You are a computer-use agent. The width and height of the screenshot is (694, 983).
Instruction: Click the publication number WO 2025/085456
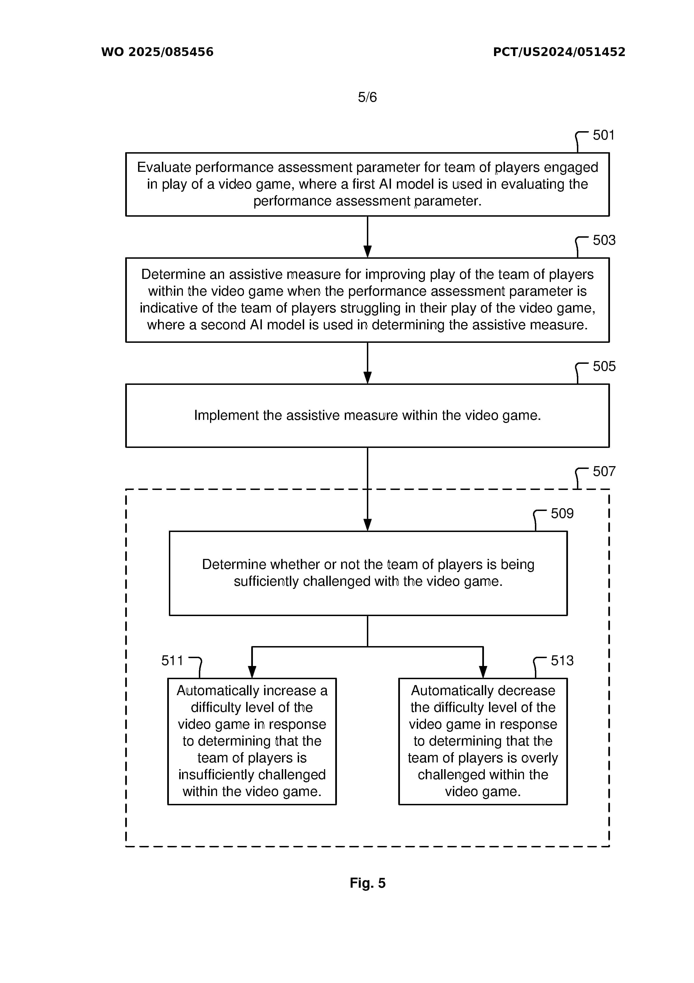tap(157, 52)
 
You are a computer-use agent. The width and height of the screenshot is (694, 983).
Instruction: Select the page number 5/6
tap(367, 97)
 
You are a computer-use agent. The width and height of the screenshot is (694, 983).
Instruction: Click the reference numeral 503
tap(604, 240)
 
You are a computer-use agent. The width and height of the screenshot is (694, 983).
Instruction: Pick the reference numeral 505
tap(604, 366)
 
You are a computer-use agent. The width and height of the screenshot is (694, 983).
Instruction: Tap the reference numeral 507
tap(604, 471)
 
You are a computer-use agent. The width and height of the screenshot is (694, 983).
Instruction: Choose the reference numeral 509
tap(562, 513)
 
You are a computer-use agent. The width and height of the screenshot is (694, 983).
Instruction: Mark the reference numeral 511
tap(172, 661)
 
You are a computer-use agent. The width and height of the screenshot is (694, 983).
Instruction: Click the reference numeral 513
tap(562, 661)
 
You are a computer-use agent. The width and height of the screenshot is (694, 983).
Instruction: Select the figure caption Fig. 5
tap(367, 883)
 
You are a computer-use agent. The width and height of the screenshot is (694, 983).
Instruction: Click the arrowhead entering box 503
tap(367, 252)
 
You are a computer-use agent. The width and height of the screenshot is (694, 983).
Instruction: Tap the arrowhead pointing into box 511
tap(252, 672)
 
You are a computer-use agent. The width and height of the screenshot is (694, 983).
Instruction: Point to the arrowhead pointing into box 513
tap(483, 672)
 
